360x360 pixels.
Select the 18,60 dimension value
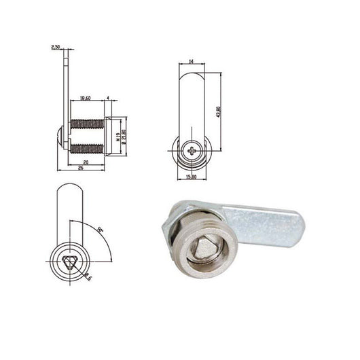pyautogui.click(x=86, y=98)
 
